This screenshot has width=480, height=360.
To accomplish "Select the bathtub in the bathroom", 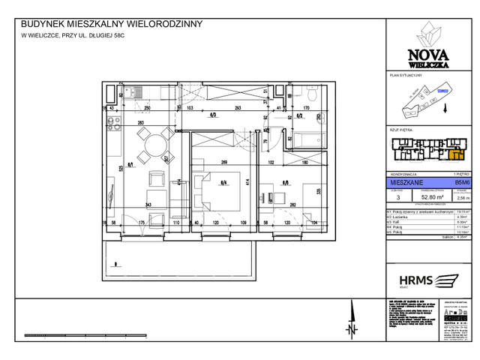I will tap(307, 139).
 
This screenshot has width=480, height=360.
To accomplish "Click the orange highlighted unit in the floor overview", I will tap(454, 154).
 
